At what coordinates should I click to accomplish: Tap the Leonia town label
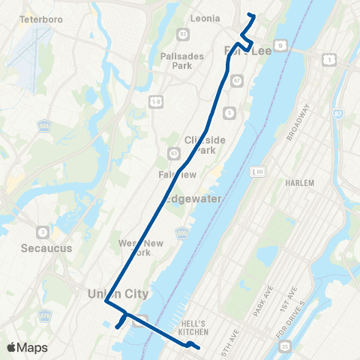(205, 18)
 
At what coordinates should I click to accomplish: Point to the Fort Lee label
(241, 49)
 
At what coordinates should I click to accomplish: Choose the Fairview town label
(177, 174)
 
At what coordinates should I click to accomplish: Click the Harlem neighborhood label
(300, 182)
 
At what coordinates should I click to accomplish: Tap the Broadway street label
(298, 121)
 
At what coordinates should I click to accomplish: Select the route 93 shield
(183, 34)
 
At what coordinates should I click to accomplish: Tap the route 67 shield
(236, 80)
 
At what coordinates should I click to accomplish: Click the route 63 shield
(174, 153)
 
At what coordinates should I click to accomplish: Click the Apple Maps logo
(27, 347)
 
